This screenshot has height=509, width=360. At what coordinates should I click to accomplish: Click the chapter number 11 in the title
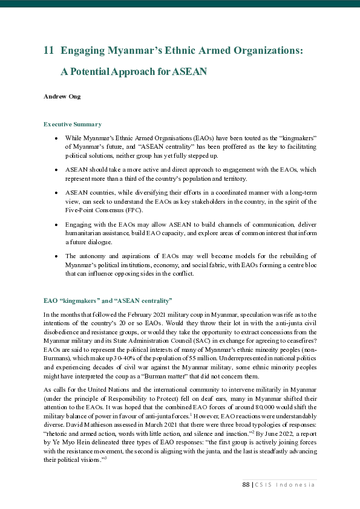point(49,51)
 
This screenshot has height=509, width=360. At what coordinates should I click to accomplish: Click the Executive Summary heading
point(72,124)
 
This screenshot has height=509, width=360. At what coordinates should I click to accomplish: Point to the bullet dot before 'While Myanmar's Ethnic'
point(55,138)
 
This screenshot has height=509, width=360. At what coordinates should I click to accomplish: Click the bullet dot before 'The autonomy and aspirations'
point(55,256)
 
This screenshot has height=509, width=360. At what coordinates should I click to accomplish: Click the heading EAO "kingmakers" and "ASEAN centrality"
point(108,300)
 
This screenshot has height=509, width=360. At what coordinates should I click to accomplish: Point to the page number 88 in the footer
point(246,485)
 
